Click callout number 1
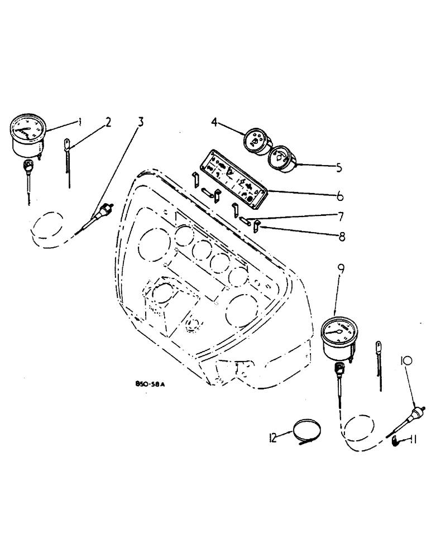click(x=80, y=121)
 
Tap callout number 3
click(x=140, y=121)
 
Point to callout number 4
click(x=215, y=121)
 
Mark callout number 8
click(x=341, y=237)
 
